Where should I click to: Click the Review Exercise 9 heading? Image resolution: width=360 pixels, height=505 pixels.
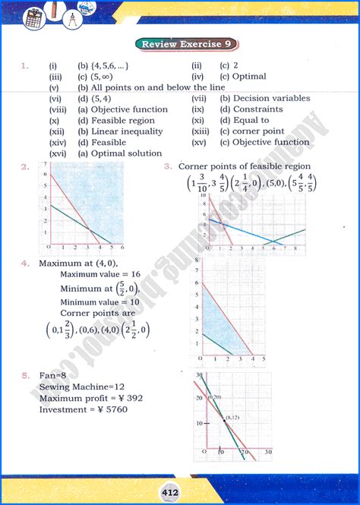click(x=181, y=45)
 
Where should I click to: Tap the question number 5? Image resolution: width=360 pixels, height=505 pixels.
click(x=25, y=375)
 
